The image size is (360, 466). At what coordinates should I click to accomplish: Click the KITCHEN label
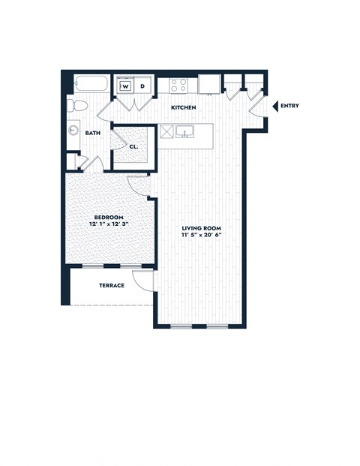184,108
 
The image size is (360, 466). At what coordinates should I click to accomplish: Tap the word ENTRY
289,106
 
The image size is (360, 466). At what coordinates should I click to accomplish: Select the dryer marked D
143,86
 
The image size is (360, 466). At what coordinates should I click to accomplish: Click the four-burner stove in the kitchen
178,85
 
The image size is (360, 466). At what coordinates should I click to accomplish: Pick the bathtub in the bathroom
89,84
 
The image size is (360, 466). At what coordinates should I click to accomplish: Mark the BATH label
93,133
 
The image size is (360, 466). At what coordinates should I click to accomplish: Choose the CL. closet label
133,147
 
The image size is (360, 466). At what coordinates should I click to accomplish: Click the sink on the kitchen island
186,132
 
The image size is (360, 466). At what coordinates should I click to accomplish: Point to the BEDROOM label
109,217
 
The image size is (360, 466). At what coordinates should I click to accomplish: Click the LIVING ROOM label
201,227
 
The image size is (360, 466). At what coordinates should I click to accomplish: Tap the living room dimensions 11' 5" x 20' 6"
201,236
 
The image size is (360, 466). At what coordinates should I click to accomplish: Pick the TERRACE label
111,285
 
